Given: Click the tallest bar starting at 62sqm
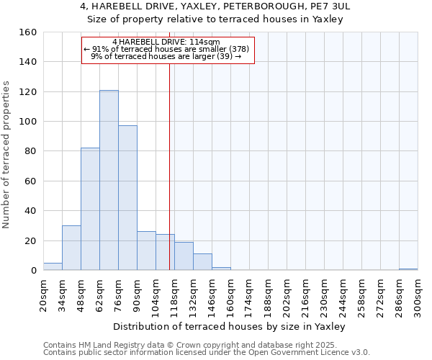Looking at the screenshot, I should pos(109,180).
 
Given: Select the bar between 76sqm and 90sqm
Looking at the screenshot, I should pos(127,198).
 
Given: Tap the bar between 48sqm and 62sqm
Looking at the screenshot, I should pos(90,209).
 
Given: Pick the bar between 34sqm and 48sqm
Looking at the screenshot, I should pos(71,248).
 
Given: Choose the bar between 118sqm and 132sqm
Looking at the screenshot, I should pos(184,256).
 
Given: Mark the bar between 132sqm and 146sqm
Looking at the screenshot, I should pos(202,262).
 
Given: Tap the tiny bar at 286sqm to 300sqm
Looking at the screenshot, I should pos(408,269).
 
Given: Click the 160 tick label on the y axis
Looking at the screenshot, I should pos(28,32).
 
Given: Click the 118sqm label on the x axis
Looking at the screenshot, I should pos(175,295).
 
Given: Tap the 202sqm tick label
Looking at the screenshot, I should pos(287,295).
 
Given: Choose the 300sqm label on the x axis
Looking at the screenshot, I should pos(418,295).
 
